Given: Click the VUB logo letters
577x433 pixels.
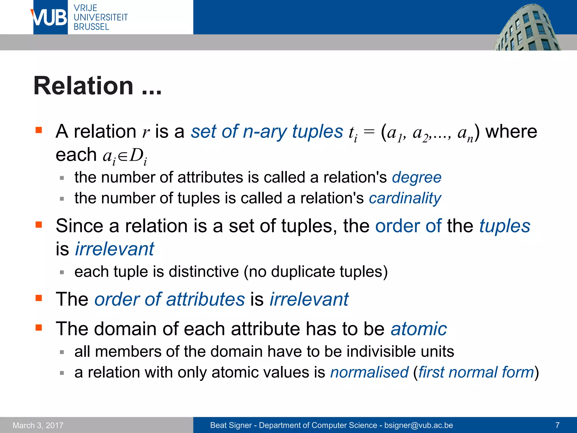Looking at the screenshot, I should tap(50, 17).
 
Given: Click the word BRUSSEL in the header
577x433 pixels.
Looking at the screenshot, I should tap(91, 27).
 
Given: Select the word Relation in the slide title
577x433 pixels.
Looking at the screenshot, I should tap(83, 86).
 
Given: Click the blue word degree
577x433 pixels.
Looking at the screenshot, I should tap(416, 178).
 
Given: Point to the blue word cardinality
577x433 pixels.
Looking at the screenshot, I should tap(405, 198).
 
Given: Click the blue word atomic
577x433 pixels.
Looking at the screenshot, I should tap(419, 329).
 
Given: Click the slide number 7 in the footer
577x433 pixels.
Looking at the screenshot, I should tap(557, 425).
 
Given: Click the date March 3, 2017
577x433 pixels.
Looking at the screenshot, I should tap(38, 425).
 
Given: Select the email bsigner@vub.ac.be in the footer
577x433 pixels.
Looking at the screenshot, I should tap(419, 425).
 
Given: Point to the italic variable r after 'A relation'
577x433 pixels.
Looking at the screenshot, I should tap(146, 132).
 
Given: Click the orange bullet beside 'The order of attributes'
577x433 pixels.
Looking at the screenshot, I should tap(39, 298).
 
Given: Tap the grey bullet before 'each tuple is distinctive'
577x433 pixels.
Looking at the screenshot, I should tap(62, 272).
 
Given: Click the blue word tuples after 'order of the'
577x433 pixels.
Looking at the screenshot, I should tap(505, 226).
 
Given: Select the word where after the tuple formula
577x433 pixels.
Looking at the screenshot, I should tap(511, 132).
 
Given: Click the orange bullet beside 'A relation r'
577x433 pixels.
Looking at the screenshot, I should tap(39, 130).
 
